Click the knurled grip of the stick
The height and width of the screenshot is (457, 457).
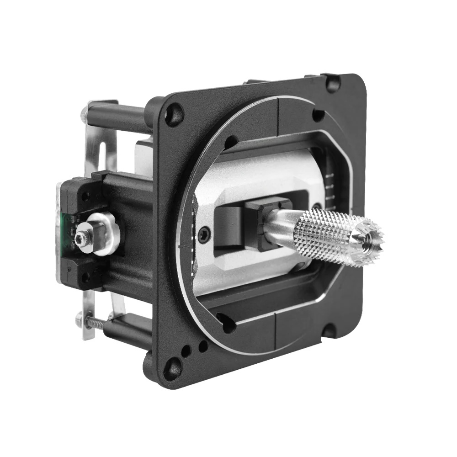327,235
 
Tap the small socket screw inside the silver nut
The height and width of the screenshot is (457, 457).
83,237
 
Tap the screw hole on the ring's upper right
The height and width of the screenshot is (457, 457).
318,115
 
